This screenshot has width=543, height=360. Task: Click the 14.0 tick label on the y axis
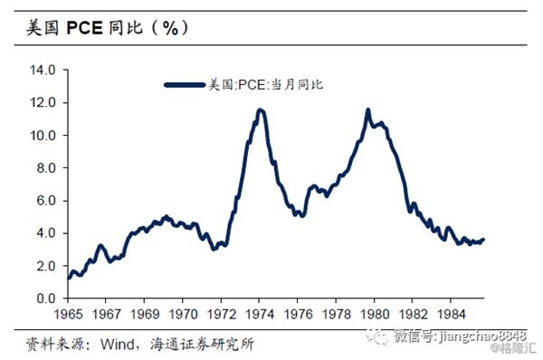tap(43, 71)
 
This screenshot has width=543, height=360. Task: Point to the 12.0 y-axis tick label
tap(43, 103)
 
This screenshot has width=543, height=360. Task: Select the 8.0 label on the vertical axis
tap(46, 168)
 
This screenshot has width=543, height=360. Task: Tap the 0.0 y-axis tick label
tap(46, 298)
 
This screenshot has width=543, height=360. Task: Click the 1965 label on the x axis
tap(68, 314)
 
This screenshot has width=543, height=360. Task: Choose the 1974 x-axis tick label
tap(260, 314)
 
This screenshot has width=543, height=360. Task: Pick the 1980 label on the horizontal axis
tap(375, 314)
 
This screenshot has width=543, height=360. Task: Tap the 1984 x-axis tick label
tap(451, 314)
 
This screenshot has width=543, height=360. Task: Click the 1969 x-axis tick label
tap(145, 314)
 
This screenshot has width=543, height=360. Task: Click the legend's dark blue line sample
tap(185, 85)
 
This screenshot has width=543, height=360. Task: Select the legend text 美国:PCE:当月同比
tap(266, 85)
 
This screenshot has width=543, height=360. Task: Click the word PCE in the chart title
tap(84, 28)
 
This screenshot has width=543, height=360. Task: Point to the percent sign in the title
tap(170, 28)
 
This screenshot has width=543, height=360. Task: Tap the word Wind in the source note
tap(117, 344)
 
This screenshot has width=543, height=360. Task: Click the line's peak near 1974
tap(261, 110)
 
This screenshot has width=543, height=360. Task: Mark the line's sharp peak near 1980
tap(367, 109)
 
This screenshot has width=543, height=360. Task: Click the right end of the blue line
tap(483, 239)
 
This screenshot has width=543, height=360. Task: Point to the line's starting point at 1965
tap(69, 278)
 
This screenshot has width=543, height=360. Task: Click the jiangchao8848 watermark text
tap(483, 336)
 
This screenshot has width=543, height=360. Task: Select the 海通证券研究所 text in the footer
tap(202, 344)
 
